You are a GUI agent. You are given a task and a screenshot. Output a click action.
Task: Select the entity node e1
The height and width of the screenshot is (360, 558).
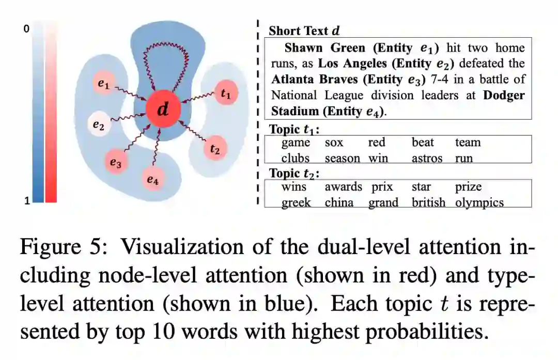tap(104, 84)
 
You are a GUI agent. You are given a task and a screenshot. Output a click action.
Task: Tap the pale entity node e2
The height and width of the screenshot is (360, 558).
tap(98, 124)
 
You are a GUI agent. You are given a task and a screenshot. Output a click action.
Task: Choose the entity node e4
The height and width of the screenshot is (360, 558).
tap(152, 179)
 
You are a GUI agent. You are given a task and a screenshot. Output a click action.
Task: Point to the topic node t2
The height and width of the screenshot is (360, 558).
tap(215, 149)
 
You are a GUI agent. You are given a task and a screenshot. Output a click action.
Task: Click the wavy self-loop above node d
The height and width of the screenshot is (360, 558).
tap(163, 57)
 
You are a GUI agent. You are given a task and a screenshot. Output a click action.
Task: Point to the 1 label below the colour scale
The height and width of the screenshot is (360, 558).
tap(26, 201)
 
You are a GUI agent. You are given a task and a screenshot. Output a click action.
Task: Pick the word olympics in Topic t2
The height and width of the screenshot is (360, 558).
tap(479, 202)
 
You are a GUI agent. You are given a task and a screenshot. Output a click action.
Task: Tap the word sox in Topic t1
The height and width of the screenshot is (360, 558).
tap(334, 143)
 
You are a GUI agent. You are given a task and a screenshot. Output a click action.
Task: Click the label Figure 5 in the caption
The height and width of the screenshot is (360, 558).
tap(63, 247)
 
